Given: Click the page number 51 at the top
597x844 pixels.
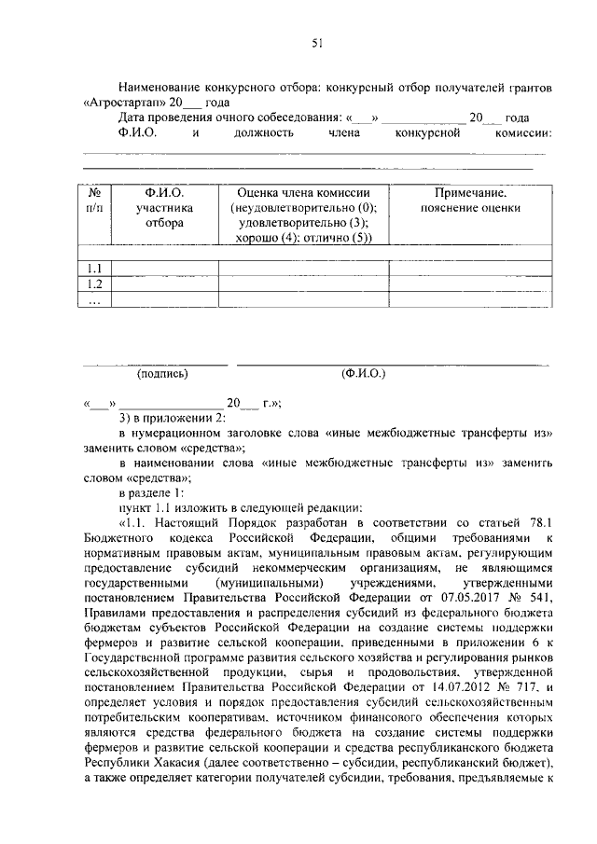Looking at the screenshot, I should (x=316, y=42).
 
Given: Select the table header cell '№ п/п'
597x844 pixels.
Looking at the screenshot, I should (x=93, y=199).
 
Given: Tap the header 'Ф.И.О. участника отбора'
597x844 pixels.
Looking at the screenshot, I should (x=163, y=207).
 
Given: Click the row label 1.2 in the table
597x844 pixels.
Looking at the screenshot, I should (x=93, y=284).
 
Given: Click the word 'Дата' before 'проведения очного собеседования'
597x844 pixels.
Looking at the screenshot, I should (x=132, y=118).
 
